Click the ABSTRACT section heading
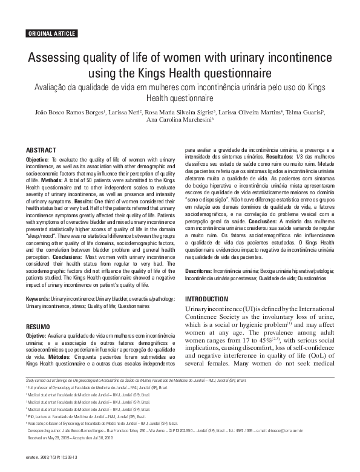click(41, 149)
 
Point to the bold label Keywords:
click(38, 300)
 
